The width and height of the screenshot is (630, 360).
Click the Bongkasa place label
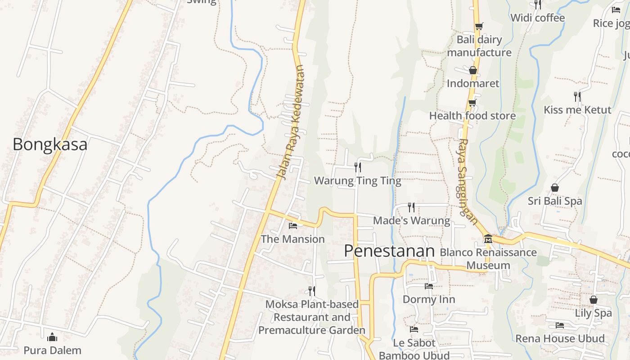coord(49,144)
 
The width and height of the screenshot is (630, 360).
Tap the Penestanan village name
coord(389,251)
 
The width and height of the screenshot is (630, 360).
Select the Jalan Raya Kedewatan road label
coord(292,122)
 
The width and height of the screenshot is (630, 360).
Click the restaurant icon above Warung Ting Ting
coord(358,167)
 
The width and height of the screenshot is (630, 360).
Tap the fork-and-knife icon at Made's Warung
coord(411,207)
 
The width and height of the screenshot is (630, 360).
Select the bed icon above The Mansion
coord(293,225)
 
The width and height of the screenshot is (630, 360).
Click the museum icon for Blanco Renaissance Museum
coord(488,238)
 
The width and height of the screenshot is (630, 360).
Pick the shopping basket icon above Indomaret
coord(472,70)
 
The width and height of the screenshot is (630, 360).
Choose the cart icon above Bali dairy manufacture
coord(479,27)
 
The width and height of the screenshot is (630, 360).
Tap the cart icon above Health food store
coord(472,103)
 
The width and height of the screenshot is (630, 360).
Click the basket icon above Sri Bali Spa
coord(555,188)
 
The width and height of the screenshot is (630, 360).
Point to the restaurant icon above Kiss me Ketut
coord(577,96)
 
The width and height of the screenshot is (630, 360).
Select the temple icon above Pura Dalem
coord(52,337)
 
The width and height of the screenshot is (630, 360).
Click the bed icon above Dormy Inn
coord(428,286)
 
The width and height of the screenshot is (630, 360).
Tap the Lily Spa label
coord(593,313)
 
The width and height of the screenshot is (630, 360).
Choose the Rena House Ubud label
coord(560,338)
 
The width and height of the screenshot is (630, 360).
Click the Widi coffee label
coord(537,18)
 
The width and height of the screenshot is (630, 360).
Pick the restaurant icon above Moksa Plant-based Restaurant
coord(311,291)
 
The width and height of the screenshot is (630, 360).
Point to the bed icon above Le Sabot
coord(414,330)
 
